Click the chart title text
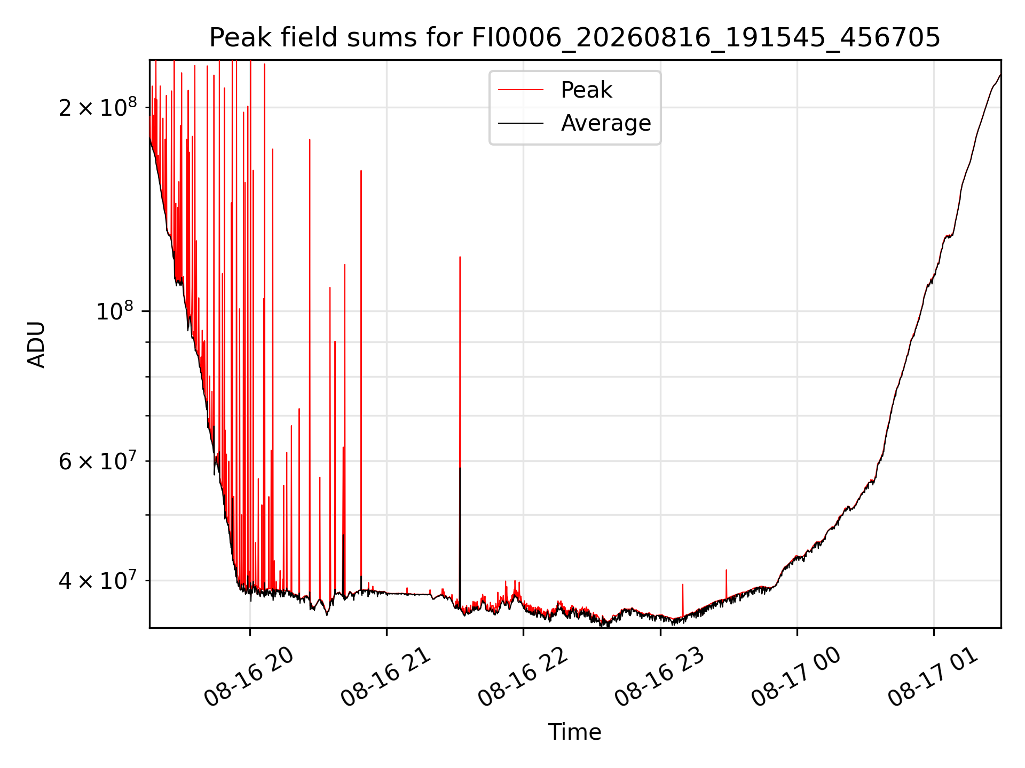pos(574,38)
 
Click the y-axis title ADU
pos(36,345)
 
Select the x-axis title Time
pos(574,732)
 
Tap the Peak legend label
pos(586,90)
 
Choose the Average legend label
pos(606,123)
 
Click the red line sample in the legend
pos(521,90)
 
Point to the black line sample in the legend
pos(521,123)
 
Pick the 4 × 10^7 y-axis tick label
pos(98,580)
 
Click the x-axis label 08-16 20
pos(249,677)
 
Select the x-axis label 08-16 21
pos(386,677)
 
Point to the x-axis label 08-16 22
pos(523,677)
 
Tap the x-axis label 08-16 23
pos(660,677)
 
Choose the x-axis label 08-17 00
pos(797,677)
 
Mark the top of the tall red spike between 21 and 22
pos(460,257)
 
